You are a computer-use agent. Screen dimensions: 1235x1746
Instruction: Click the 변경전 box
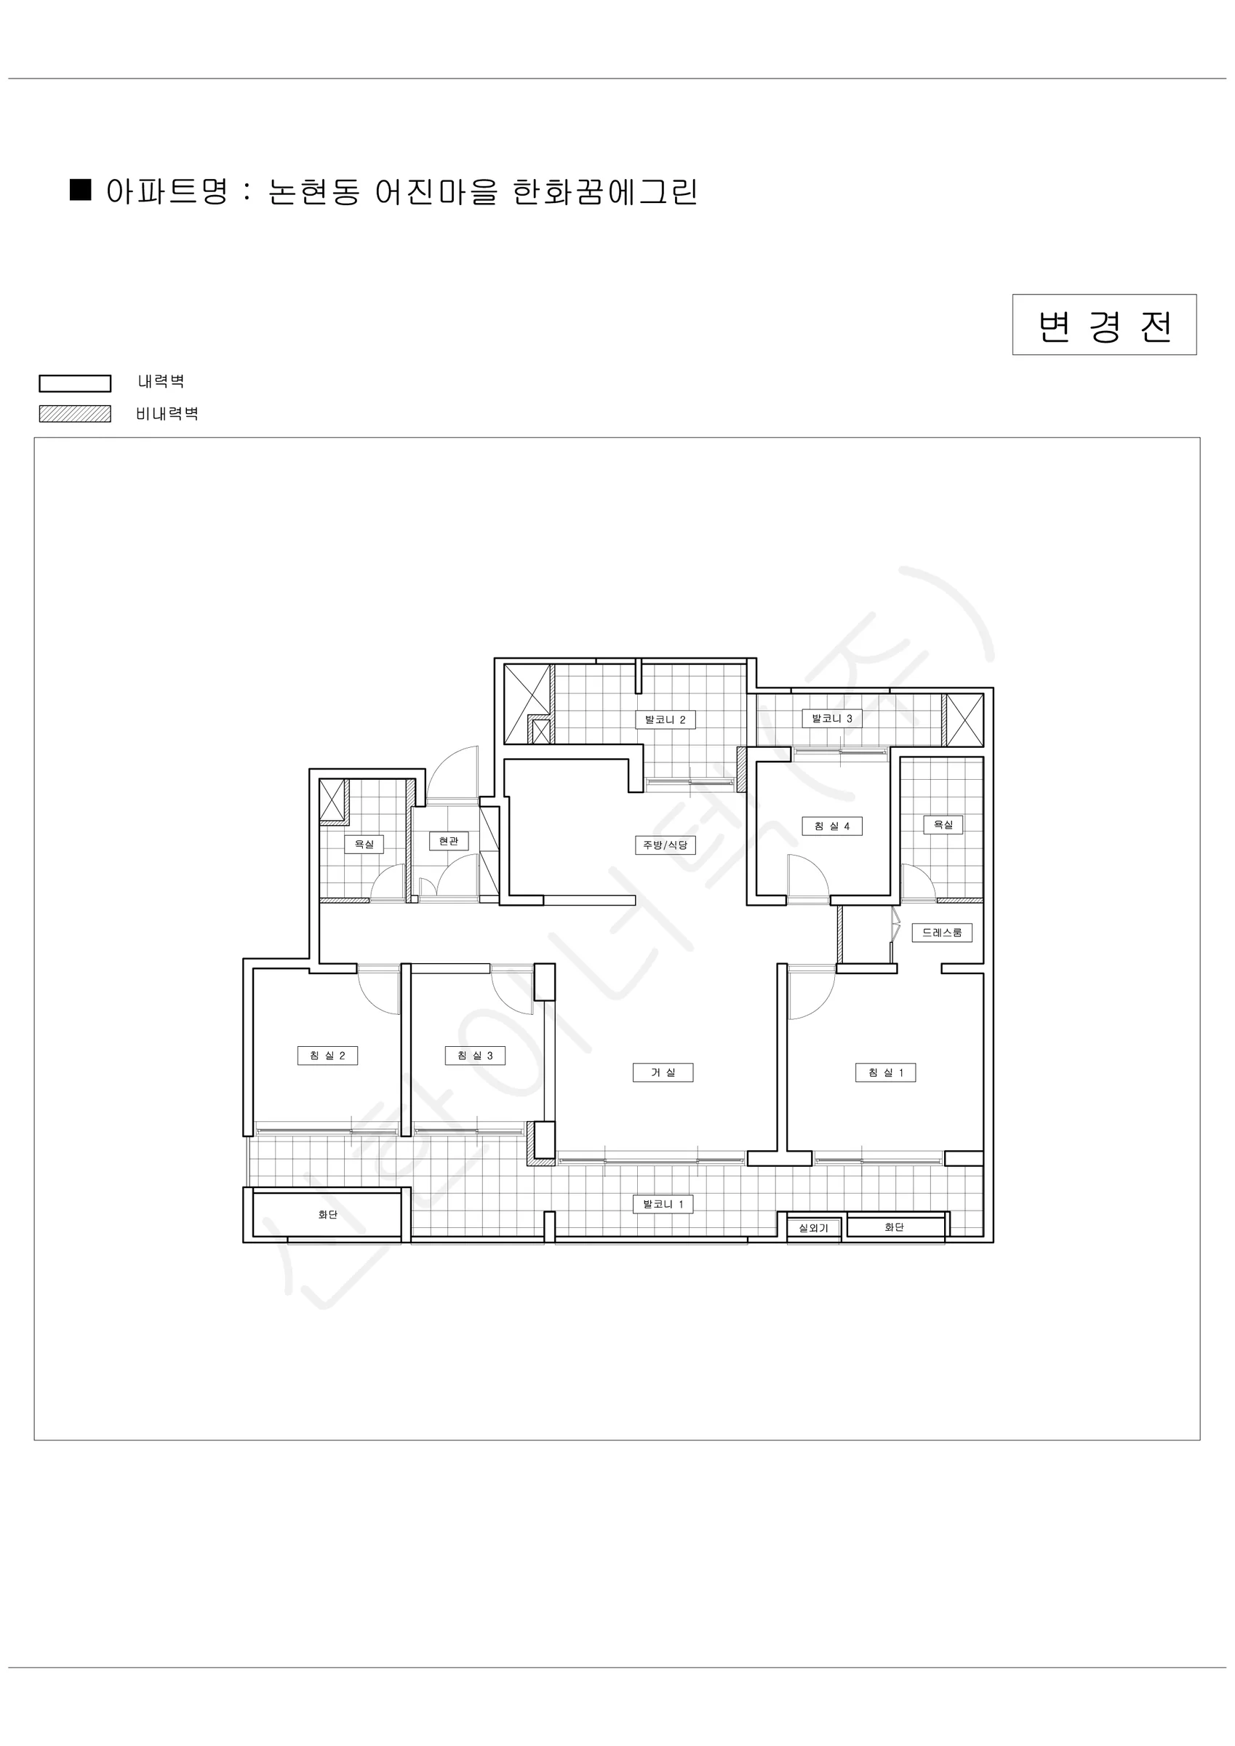1103,324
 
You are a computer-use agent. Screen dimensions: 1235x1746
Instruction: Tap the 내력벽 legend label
161,381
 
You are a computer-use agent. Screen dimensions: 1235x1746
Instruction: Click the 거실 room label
663,1072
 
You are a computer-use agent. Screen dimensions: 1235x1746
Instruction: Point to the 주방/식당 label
666,845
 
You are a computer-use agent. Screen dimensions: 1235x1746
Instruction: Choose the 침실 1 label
885,1072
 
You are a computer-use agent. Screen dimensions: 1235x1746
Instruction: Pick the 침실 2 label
327,1056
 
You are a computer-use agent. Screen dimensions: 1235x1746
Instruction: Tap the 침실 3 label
475,1056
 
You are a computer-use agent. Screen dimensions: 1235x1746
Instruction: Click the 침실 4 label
832,826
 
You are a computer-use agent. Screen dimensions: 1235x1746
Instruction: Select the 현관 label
449,841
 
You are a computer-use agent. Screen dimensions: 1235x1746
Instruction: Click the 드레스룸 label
942,933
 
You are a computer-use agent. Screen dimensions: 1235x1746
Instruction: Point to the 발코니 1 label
663,1204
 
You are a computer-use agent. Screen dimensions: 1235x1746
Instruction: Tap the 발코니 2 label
666,719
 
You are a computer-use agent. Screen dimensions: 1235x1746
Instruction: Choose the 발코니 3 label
832,718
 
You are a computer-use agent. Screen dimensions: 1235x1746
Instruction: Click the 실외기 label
813,1228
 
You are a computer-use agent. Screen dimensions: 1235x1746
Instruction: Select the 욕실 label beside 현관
364,844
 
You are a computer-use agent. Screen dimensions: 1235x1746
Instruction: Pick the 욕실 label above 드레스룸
943,824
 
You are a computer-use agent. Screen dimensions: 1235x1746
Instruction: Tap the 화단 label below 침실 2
328,1214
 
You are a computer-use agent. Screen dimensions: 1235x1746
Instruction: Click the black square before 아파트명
81,189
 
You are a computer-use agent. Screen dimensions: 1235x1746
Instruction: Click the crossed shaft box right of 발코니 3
964,719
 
